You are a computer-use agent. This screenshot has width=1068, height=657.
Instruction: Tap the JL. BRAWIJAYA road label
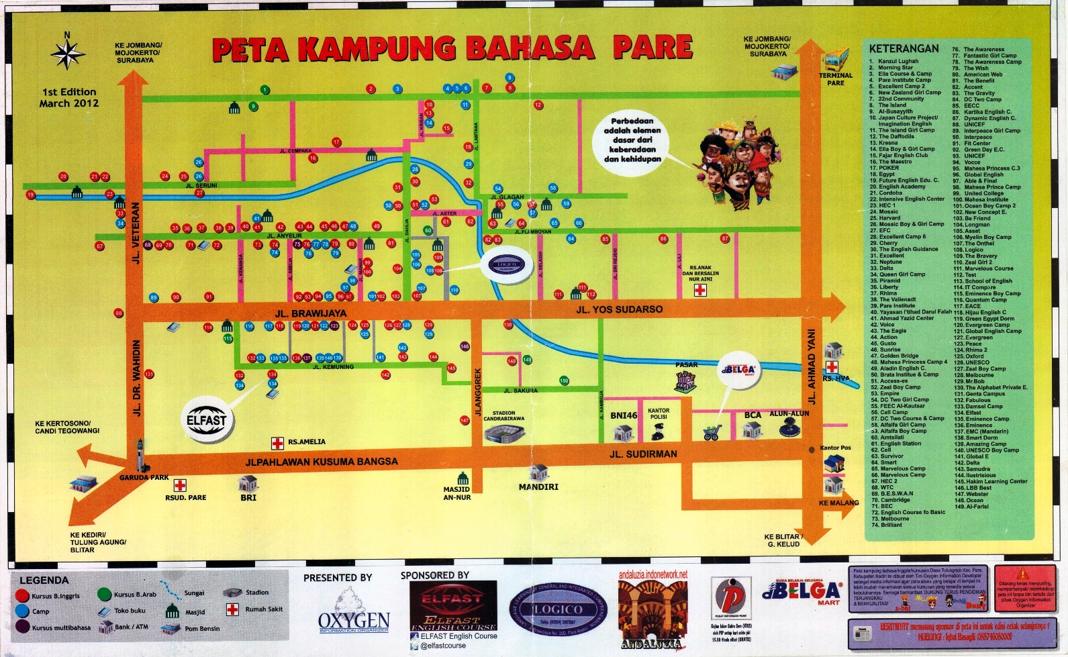pyautogui.click(x=311, y=313)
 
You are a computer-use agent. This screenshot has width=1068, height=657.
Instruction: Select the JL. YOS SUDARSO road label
pyautogui.click(x=619, y=309)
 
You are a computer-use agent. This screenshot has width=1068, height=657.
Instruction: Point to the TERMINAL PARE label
pyautogui.click(x=835, y=79)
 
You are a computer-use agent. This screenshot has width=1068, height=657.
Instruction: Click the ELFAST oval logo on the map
pyautogui.click(x=207, y=421)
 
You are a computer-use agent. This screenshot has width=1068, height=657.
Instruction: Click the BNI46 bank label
pyautogui.click(x=623, y=415)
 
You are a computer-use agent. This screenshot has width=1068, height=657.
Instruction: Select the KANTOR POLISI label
pyautogui.click(x=659, y=413)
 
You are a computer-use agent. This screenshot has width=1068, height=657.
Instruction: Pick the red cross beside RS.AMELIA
pyautogui.click(x=277, y=442)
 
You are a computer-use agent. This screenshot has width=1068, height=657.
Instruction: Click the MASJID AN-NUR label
pyautogui.click(x=456, y=493)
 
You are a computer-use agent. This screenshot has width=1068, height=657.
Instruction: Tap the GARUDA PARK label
pyautogui.click(x=144, y=478)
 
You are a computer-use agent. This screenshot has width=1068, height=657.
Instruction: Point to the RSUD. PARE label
pyautogui.click(x=186, y=497)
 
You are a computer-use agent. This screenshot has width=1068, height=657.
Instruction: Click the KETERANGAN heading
pyautogui.click(x=904, y=49)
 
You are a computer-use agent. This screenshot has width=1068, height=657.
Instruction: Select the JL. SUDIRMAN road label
pyautogui.click(x=643, y=454)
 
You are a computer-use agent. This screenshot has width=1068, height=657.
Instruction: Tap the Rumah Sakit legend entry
pyautogui.click(x=263, y=609)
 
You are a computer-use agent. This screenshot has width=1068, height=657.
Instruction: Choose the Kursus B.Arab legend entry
pyautogui.click(x=134, y=595)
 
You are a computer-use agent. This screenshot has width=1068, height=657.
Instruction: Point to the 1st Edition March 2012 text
pyautogui.click(x=68, y=97)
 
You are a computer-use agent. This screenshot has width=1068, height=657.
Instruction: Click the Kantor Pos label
pyautogui.click(x=835, y=448)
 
